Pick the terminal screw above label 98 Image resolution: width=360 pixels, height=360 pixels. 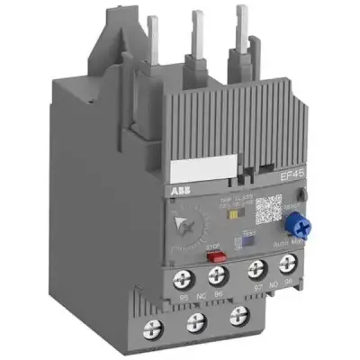click(x=289, y=264)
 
